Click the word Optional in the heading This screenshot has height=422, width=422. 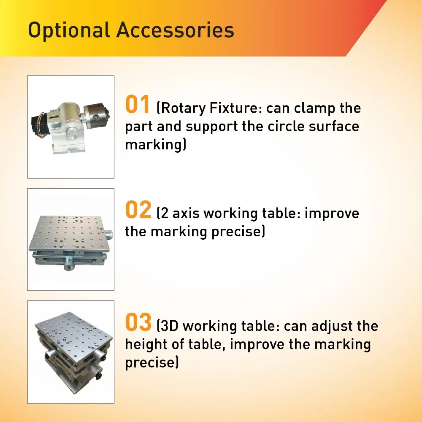click(x=69, y=30)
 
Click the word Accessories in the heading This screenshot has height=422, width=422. click(x=175, y=30)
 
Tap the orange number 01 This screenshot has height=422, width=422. click(x=137, y=104)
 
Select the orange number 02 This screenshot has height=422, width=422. click(x=138, y=209)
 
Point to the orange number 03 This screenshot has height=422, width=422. click(x=138, y=322)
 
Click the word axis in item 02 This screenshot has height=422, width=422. click(x=186, y=214)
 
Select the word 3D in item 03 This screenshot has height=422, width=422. click(x=170, y=326)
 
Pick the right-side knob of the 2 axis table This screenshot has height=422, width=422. click(x=109, y=235)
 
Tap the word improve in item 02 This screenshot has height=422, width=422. click(x=332, y=214)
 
